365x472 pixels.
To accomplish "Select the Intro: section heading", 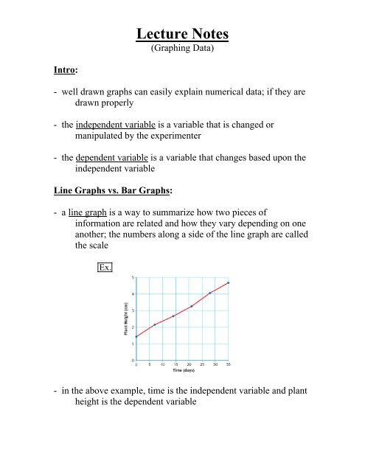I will pyautogui.click(x=46, y=74).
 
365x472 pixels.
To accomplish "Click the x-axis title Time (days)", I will pyautogui.click(x=182, y=370).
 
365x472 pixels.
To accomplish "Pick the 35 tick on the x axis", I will pyautogui.click(x=229, y=364).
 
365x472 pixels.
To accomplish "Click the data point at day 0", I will pyautogui.click(x=136, y=336).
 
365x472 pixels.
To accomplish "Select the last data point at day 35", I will pyautogui.click(x=229, y=282).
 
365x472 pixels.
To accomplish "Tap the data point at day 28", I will pyautogui.click(x=210, y=293).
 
